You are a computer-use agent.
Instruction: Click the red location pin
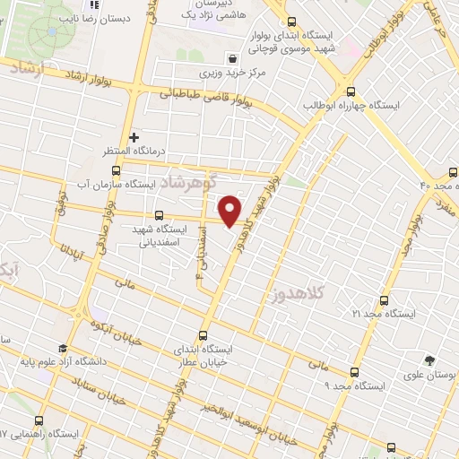point(230,211)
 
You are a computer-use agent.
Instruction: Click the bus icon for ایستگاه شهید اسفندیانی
point(160,215)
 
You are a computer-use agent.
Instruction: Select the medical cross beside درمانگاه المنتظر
point(134,137)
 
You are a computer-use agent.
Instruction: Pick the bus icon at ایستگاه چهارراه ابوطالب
point(350,91)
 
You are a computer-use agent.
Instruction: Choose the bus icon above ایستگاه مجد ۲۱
point(385,300)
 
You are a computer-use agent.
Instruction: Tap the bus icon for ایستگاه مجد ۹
point(355,371)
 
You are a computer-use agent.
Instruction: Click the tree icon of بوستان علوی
point(431,360)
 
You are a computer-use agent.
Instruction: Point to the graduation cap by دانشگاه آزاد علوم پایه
point(62,349)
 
